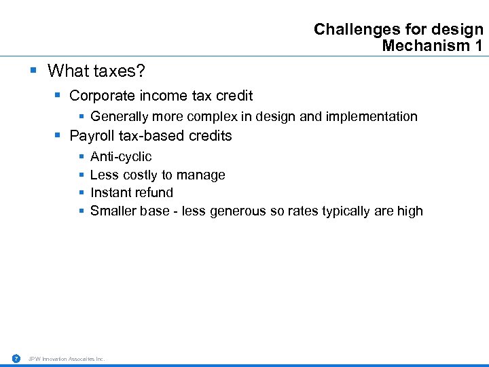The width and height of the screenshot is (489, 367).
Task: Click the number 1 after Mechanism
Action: pyautogui.click(x=479, y=46)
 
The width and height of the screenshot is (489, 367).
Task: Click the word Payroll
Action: pyautogui.click(x=92, y=136)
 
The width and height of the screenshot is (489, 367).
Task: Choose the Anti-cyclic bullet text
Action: pyautogui.click(x=121, y=157)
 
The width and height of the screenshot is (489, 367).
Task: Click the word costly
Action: pyautogui.click(x=140, y=175)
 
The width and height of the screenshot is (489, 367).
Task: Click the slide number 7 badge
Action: pyautogui.click(x=16, y=358)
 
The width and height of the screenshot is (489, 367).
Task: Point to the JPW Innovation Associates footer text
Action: pyautogui.click(x=67, y=359)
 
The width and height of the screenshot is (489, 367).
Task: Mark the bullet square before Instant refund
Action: pyautogui.click(x=81, y=193)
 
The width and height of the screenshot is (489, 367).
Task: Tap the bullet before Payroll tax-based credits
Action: pyautogui.click(x=58, y=136)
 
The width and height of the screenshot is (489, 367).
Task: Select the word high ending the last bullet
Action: pyautogui.click(x=410, y=211)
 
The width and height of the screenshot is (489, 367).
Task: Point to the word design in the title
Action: pyautogui.click(x=460, y=30)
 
